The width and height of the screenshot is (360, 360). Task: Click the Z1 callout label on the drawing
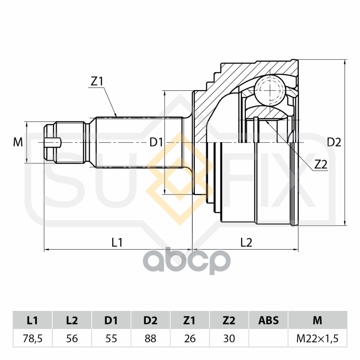97,81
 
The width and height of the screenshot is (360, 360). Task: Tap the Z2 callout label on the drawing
321,164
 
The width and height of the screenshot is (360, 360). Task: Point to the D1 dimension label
156,142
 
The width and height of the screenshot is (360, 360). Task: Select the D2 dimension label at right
334,143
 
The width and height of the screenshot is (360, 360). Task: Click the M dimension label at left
18,142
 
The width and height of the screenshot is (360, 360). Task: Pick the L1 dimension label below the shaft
117,243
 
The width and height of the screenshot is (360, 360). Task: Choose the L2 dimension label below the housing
246,243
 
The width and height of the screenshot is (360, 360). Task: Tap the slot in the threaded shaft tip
53,143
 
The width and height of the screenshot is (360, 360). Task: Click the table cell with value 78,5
32,339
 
